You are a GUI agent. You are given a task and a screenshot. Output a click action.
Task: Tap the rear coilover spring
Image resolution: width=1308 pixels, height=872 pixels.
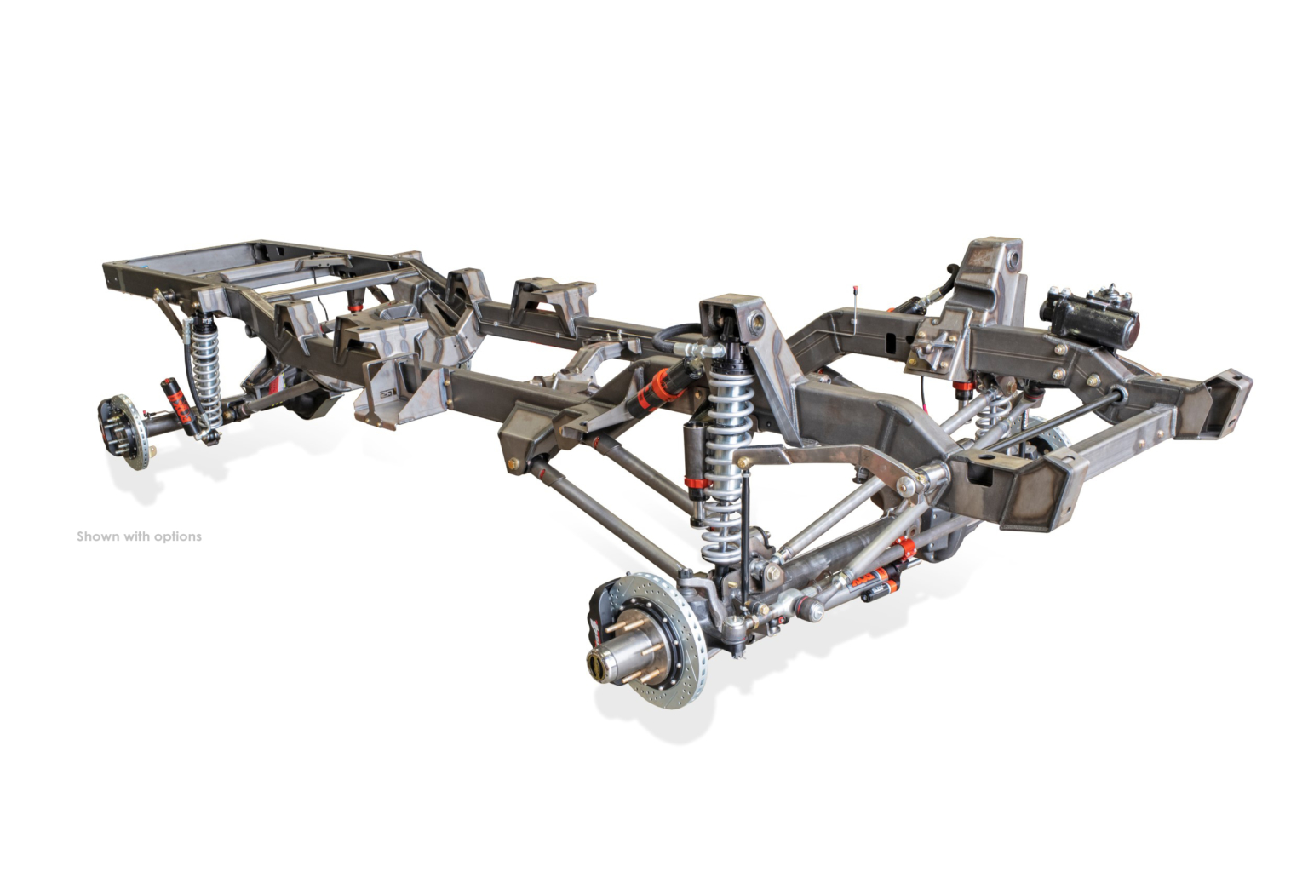pyautogui.click(x=206, y=374)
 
